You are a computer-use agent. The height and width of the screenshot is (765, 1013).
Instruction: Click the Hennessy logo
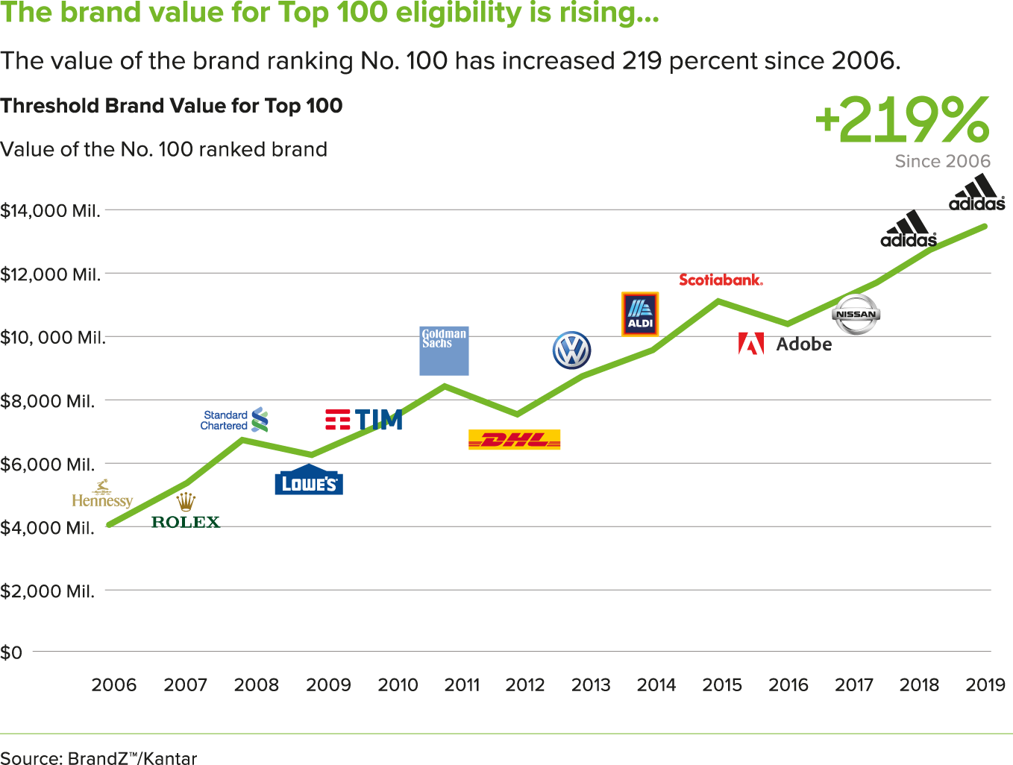[x=102, y=495]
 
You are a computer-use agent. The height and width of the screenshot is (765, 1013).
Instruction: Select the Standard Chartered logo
[x=234, y=420]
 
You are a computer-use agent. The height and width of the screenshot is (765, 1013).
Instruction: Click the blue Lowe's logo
[x=308, y=482]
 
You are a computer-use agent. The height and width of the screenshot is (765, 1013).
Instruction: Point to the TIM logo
[x=364, y=420]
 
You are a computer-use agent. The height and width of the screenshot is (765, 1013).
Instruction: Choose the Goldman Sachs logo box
[x=444, y=350]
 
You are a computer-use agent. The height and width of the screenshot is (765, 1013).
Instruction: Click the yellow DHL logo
[x=514, y=440]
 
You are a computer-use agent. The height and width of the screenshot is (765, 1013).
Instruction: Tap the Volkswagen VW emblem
[x=571, y=350]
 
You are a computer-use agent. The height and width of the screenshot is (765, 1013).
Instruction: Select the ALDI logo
[x=640, y=314]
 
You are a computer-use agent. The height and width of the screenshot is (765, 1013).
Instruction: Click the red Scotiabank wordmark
[x=721, y=280]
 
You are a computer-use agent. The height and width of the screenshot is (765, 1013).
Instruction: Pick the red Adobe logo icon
[x=751, y=344]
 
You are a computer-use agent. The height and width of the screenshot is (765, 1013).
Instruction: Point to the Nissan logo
[x=856, y=314]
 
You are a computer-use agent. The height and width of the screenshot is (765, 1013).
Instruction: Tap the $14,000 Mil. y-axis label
[x=50, y=211]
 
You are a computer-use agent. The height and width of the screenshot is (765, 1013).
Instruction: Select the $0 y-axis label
[x=11, y=653]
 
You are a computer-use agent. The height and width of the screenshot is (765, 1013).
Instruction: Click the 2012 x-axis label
[x=525, y=684]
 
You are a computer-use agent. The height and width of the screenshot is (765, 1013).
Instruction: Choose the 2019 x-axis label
[x=985, y=684]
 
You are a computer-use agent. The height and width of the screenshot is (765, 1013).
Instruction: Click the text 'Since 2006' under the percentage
[x=942, y=161]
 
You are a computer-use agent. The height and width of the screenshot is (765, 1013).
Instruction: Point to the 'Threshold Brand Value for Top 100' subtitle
[x=171, y=106]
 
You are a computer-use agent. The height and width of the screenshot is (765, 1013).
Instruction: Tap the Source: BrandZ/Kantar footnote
[x=98, y=758]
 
